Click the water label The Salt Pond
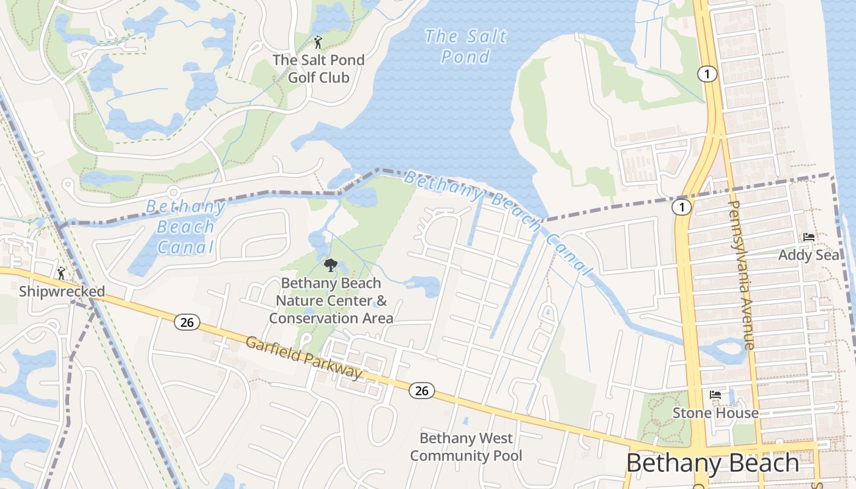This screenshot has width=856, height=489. click(466, 46)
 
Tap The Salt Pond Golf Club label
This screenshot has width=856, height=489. click(319, 68)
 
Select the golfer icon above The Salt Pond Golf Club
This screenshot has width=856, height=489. click(318, 42)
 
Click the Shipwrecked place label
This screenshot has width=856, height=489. click(62, 292)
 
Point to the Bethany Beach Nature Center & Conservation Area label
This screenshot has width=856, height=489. click(331, 301)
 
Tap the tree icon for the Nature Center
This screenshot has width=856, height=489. click(331, 265)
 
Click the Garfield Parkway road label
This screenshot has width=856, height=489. click(304, 357)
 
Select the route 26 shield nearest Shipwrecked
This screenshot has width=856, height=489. click(187, 322)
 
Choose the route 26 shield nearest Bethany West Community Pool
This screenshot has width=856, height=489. click(422, 391)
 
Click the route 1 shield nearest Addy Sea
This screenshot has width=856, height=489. click(681, 207)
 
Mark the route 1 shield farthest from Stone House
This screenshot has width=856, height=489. click(707, 74)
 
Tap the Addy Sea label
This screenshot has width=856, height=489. click(809, 255)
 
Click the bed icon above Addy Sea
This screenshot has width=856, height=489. click(809, 237)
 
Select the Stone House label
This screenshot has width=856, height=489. click(715, 413)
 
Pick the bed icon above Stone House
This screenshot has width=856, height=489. click(715, 395)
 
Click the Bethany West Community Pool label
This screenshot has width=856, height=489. click(466, 447)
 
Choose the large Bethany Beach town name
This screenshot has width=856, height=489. click(712, 463)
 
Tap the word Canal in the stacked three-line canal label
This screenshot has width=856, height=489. click(185, 247)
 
